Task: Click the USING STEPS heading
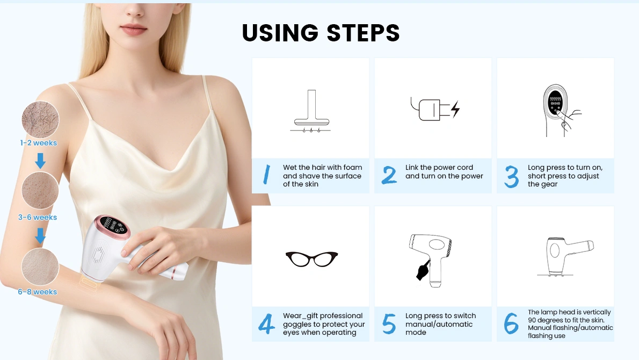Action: [x=321, y=33]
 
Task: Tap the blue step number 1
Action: [x=266, y=175]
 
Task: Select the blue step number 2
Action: [x=389, y=175]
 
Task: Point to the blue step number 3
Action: [x=511, y=177]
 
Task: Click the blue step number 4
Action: [x=266, y=324]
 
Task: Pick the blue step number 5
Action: [x=389, y=324]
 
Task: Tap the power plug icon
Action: [x=435, y=109]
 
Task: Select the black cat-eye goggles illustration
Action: [x=312, y=259]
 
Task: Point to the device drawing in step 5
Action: [x=430, y=260]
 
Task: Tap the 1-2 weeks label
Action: [x=39, y=143]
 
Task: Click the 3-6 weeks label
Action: [x=38, y=217]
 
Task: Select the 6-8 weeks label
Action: [x=38, y=292]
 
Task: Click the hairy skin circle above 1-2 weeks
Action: [x=40, y=119]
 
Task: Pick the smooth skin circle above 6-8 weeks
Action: [x=40, y=267]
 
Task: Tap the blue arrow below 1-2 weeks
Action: [x=40, y=161]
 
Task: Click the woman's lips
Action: [x=134, y=30]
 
